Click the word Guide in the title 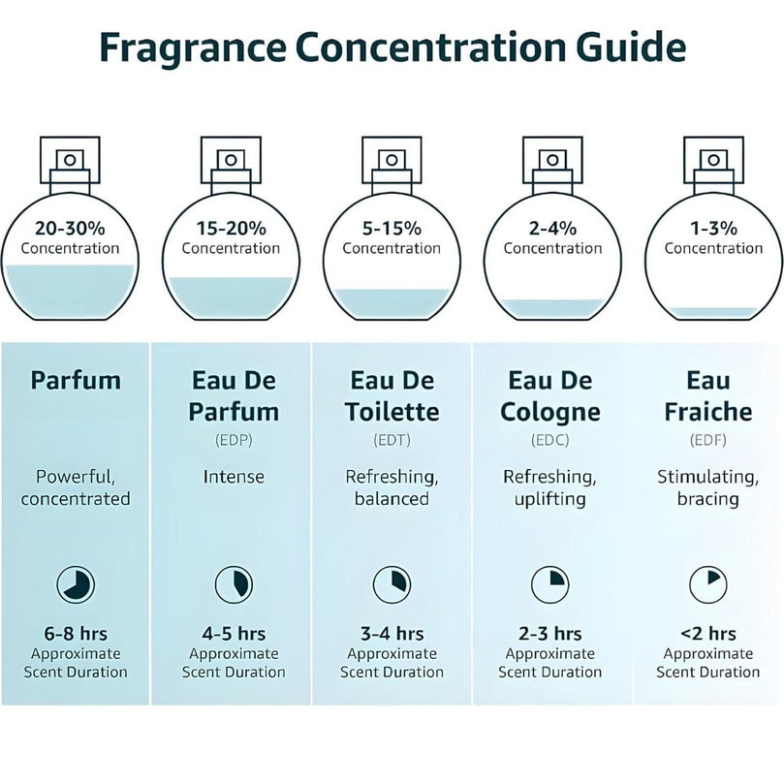[x=631, y=47]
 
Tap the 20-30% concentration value [x=70, y=229]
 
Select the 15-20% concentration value [x=231, y=229]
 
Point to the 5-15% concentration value [x=392, y=229]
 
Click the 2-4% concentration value [x=553, y=229]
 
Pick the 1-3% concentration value [x=714, y=229]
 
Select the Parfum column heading [x=76, y=381]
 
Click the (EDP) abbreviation [x=234, y=440]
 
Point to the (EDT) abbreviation [x=392, y=440]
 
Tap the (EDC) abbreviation [x=550, y=440]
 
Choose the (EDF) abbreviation [x=708, y=440]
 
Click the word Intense [x=234, y=477]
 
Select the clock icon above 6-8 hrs [x=76, y=584]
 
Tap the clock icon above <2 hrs [x=708, y=584]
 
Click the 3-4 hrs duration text [x=392, y=634]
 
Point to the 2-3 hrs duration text [x=550, y=634]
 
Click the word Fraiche [x=708, y=412]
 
